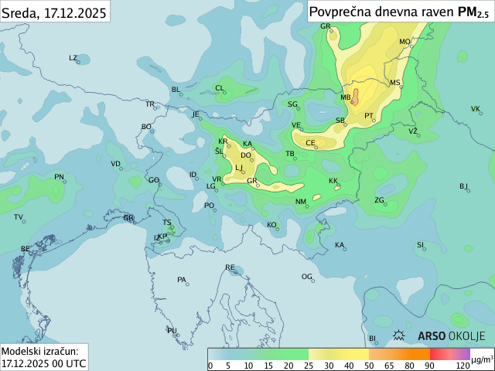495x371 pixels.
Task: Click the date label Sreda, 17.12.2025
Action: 54,10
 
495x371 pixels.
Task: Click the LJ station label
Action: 239,167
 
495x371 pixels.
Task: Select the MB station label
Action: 346,97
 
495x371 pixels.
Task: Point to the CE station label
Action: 310,143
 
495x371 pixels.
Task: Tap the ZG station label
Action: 379,200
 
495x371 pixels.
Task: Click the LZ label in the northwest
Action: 73,58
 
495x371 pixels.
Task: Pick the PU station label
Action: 172,330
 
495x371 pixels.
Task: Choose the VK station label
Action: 475,109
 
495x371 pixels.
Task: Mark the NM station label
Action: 301,202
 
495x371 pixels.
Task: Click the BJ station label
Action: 463,185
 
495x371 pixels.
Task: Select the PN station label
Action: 59,177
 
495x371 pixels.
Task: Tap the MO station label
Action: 405,42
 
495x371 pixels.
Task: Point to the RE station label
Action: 230,267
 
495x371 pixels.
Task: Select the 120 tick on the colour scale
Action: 463,366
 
